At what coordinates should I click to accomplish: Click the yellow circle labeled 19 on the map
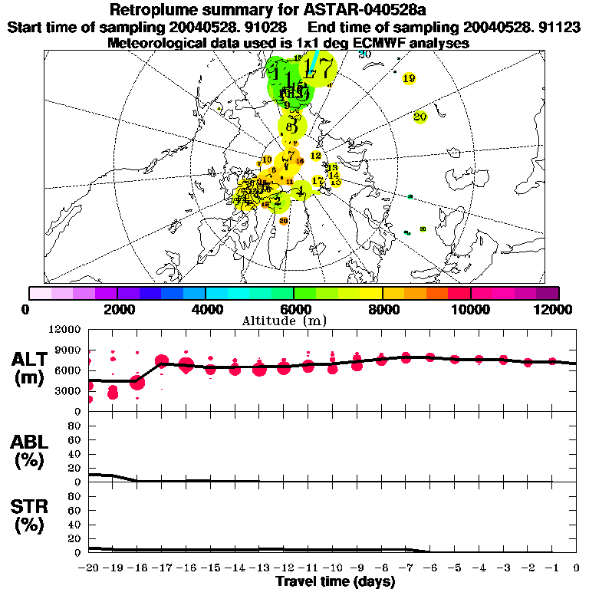(409, 78)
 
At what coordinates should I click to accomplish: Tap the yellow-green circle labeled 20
(420, 117)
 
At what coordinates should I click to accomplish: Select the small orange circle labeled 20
(283, 221)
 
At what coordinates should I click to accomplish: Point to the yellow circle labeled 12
(315, 156)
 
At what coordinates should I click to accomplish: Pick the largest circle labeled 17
(318, 69)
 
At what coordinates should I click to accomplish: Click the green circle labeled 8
(291, 127)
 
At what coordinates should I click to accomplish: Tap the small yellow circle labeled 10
(266, 160)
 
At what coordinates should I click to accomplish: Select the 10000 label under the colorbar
(471, 309)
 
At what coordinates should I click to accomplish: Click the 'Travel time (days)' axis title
(335, 581)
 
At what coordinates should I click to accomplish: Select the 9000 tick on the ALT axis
(69, 350)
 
